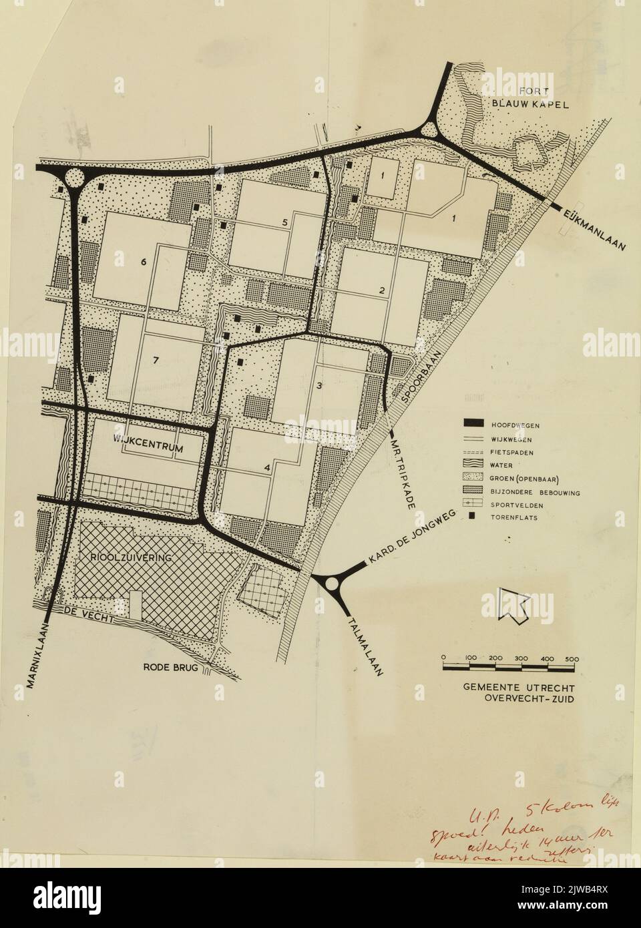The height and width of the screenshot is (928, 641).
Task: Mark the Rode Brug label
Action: pyautogui.click(x=171, y=667)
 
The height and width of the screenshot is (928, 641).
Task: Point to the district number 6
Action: pyautogui.click(x=143, y=262)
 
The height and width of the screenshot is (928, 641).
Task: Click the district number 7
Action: pyautogui.click(x=156, y=361)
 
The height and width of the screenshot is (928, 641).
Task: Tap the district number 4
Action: pyautogui.click(x=267, y=468)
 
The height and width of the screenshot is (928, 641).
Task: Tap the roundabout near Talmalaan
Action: pyautogui.click(x=332, y=584)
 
